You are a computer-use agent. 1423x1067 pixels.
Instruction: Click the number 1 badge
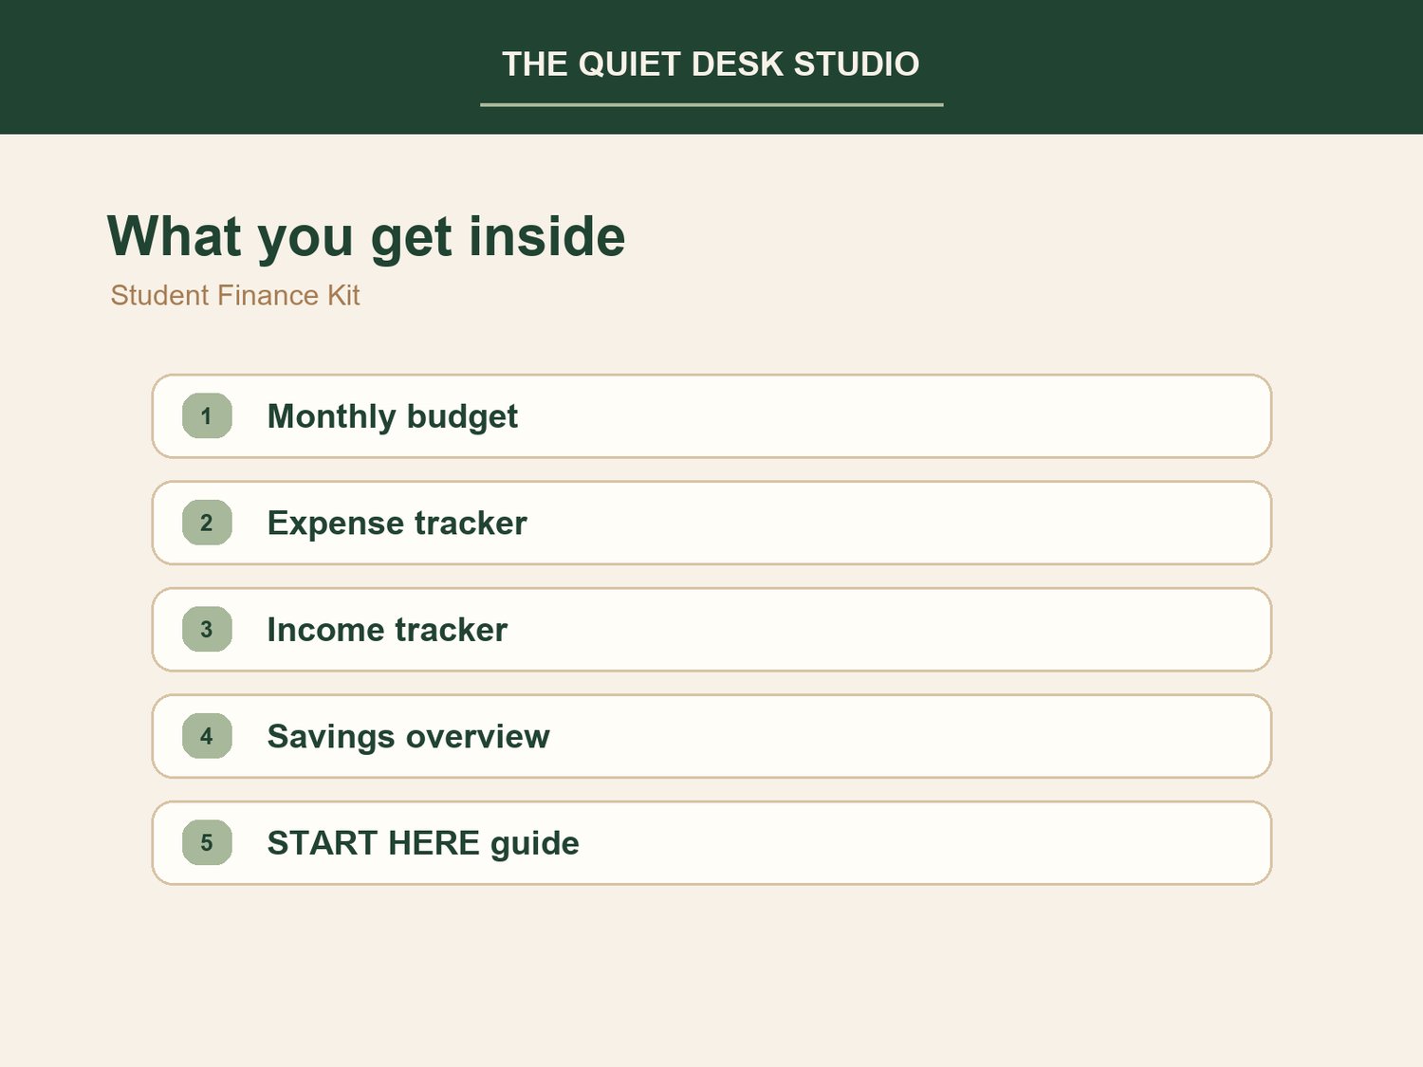click(207, 416)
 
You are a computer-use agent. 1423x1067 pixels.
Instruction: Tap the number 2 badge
click(207, 523)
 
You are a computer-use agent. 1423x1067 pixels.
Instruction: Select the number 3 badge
click(207, 629)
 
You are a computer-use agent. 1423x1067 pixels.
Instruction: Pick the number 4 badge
click(207, 736)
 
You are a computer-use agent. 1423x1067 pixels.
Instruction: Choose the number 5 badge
click(207, 843)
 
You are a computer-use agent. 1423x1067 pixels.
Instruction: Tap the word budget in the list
click(462, 416)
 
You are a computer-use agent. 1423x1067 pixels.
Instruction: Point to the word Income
click(325, 630)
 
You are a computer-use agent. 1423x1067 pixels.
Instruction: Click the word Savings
click(331, 737)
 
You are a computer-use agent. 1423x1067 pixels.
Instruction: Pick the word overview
click(478, 737)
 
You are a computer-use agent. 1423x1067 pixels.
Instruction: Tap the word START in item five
click(322, 843)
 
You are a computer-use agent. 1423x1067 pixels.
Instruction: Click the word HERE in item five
click(434, 843)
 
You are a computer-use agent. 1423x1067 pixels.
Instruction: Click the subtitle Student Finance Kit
click(234, 295)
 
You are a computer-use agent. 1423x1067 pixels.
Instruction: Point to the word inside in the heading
click(547, 237)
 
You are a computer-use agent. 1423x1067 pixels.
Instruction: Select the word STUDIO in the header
click(857, 64)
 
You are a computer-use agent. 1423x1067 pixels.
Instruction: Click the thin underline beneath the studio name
click(711, 104)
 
